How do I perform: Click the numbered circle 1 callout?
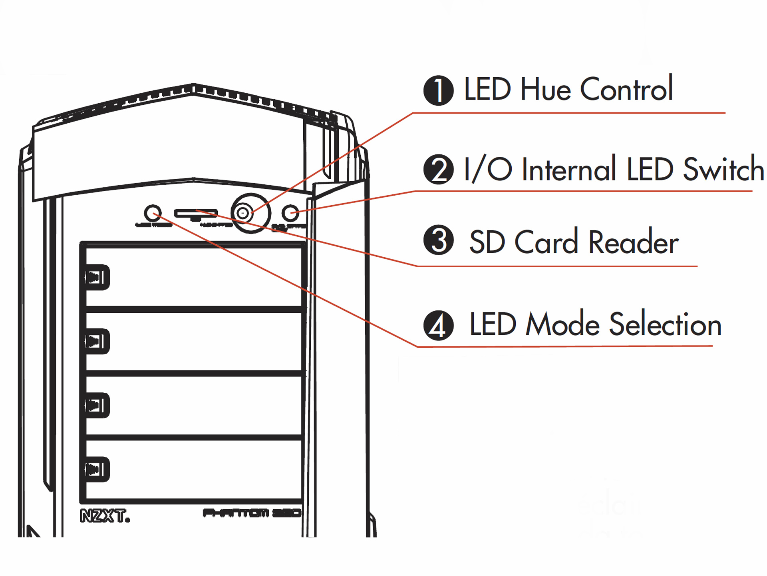point(438,90)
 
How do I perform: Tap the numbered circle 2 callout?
point(438,169)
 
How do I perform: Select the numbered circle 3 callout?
point(438,240)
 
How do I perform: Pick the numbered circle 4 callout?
point(438,325)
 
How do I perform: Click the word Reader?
point(633,242)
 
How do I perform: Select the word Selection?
point(665,324)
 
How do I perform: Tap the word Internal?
point(569,170)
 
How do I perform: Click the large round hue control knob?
point(250,213)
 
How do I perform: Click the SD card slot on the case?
point(196,213)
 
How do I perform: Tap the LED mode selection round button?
point(152,213)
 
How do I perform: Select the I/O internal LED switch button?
point(290,213)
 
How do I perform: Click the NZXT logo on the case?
point(105,516)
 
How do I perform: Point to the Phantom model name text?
point(252,513)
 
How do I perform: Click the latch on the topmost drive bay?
point(96,277)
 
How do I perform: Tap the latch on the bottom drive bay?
point(96,469)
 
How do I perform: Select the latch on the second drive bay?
point(96,341)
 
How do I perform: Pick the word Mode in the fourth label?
point(562,324)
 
